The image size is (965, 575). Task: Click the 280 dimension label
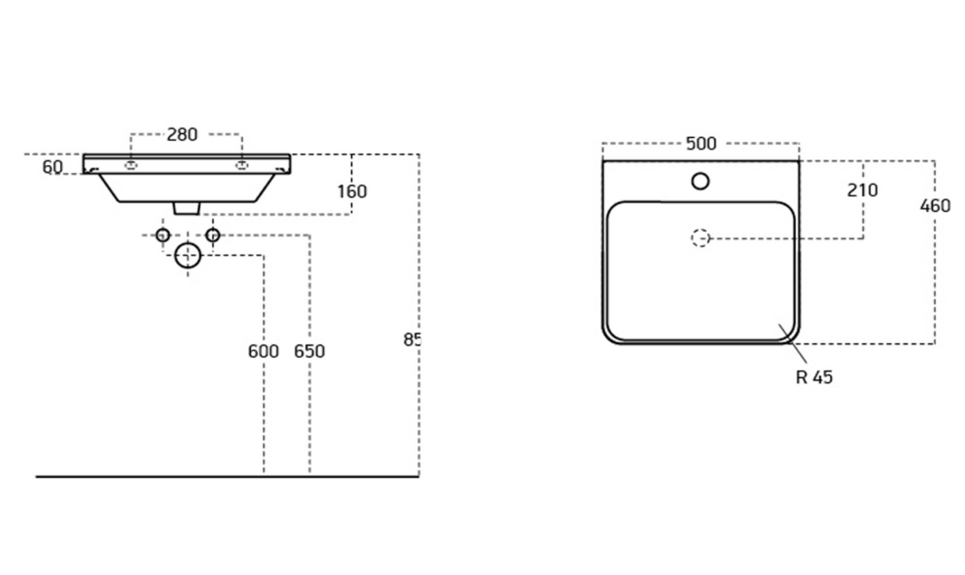coord(182,135)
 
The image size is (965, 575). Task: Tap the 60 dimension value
coord(53,168)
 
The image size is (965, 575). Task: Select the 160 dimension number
coord(352,191)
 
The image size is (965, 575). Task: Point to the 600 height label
coord(263,352)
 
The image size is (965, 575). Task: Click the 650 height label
coord(309,352)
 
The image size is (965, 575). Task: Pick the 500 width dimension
coord(701,144)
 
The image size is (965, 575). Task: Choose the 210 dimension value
coord(862,191)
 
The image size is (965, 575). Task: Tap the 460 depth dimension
coord(935,205)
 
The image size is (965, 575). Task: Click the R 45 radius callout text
coord(814,377)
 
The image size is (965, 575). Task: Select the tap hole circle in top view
coord(700,181)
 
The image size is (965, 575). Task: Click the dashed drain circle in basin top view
coord(700,238)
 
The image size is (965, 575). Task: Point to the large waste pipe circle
coord(188,255)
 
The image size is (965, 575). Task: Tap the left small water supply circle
coord(163,236)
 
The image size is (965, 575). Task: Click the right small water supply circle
coord(213,236)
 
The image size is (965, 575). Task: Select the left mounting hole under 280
coord(130,166)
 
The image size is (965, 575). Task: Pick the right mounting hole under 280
coord(242,166)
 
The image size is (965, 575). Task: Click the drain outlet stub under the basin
coord(187,209)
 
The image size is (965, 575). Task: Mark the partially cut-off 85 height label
coord(411,338)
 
